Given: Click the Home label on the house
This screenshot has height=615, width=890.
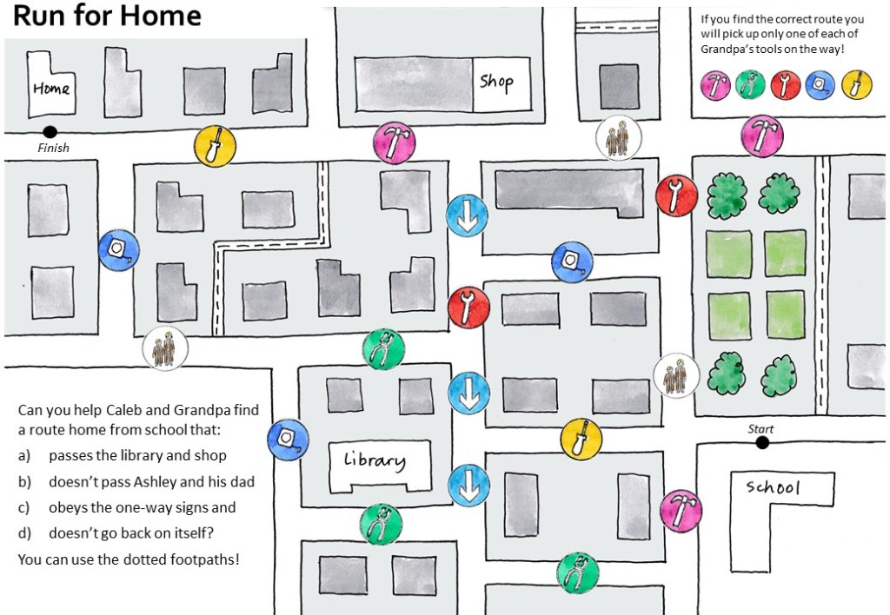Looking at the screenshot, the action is tap(51, 89).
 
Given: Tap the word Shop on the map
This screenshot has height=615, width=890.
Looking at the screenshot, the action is tap(496, 83).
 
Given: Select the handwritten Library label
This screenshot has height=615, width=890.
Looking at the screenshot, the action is tap(375, 460).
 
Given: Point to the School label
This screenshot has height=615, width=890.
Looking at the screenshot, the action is tap(773, 486).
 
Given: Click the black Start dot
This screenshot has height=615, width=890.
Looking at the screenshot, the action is tap(763, 442).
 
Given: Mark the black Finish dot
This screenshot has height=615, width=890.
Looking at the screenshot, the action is tap(50, 132).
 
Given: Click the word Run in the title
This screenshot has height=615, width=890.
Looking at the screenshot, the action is tap(38, 16).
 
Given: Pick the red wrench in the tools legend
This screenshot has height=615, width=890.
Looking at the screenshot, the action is tap(786, 85).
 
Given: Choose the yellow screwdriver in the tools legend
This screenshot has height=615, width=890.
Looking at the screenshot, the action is tap(857, 85).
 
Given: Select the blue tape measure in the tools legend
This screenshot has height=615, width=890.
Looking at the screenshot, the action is tap(820, 85).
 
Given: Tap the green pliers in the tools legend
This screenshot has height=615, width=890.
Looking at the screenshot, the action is tap(750, 85).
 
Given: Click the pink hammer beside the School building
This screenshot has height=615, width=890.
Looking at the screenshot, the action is tap(681, 511).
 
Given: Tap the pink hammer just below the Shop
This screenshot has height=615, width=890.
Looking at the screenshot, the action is tap(395, 142).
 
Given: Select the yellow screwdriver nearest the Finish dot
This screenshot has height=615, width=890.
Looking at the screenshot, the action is tap(216, 146).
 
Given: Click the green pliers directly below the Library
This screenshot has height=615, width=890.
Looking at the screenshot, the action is tap(381, 525).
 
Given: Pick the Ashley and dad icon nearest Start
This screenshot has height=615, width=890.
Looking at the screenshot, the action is tap(676, 375).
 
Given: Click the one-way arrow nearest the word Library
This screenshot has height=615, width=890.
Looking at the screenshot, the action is tap(468, 486).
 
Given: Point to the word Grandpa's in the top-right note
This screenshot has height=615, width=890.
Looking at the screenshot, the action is tap(727, 49).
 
